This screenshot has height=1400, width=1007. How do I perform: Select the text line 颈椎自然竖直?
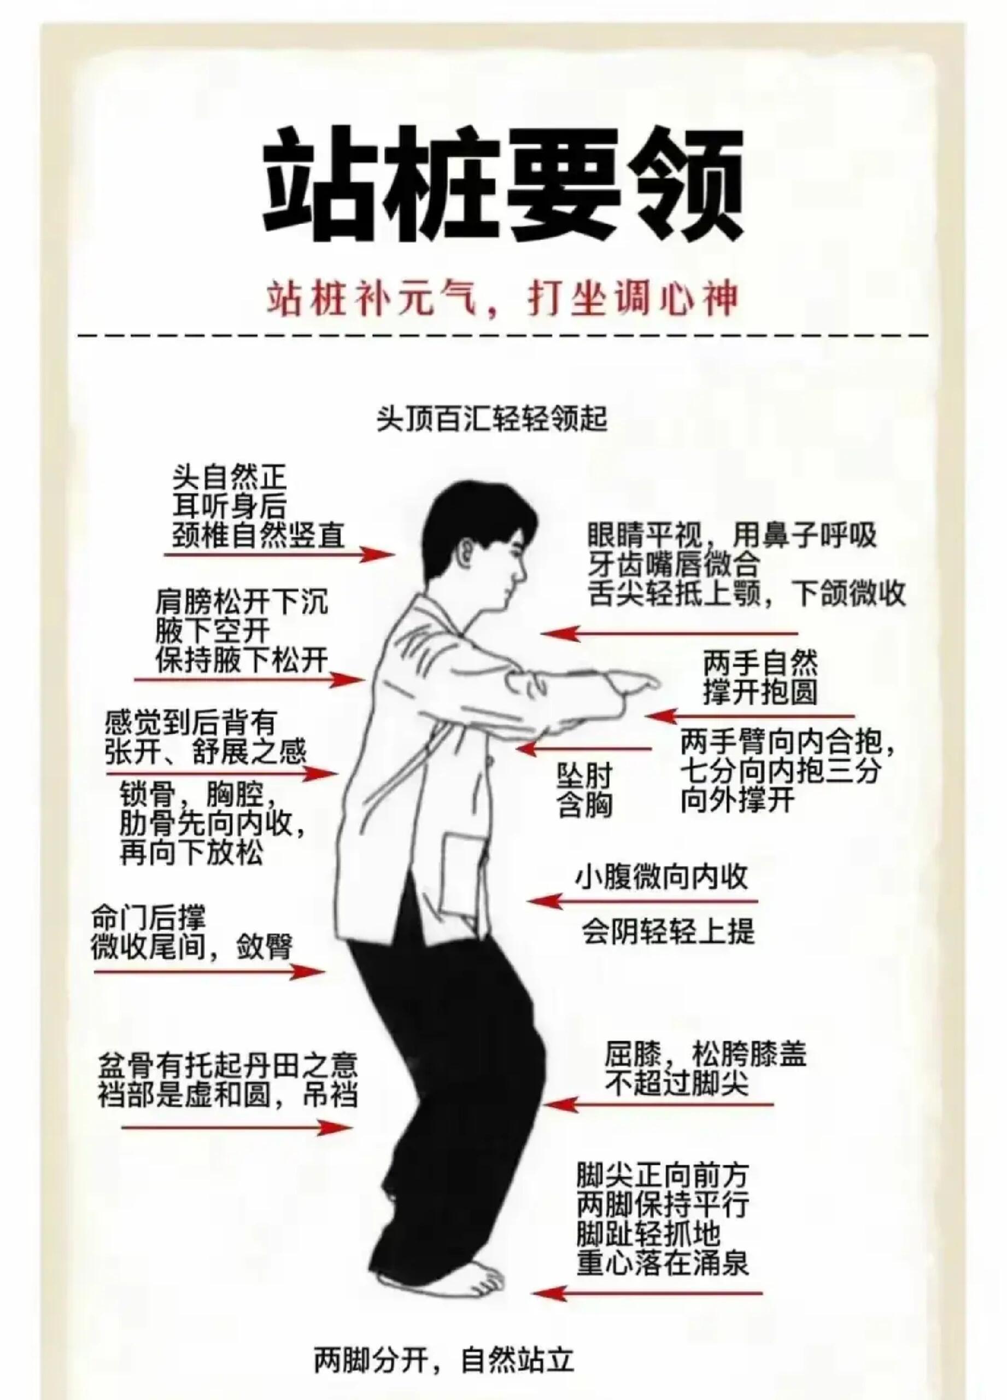point(258,535)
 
